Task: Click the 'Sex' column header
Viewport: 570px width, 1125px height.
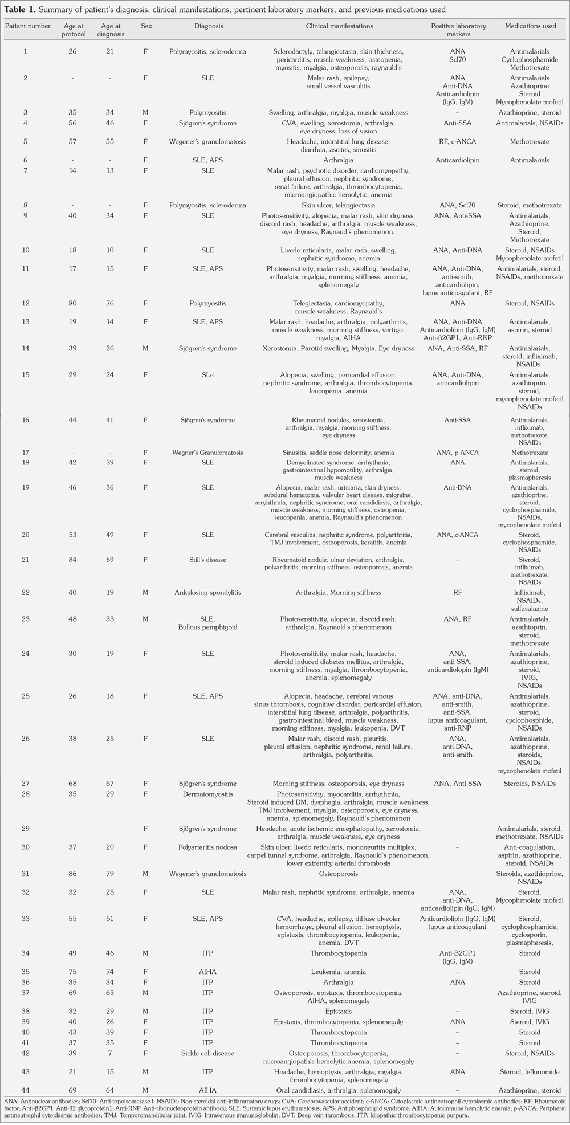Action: coord(146,26)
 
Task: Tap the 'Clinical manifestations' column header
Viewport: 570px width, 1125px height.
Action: coord(339,26)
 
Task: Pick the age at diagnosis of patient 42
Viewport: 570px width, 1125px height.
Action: coord(110,1053)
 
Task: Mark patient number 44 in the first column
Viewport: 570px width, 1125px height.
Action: coord(25,1090)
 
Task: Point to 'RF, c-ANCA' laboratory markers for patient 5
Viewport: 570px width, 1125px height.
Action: coord(458,141)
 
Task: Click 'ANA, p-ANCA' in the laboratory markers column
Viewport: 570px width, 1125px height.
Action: coord(458,453)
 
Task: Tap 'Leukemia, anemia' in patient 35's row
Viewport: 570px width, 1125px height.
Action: coord(339,972)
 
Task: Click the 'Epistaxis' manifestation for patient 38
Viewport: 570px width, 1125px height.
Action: coord(339,1012)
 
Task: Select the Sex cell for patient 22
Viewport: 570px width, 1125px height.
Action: coord(145,593)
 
